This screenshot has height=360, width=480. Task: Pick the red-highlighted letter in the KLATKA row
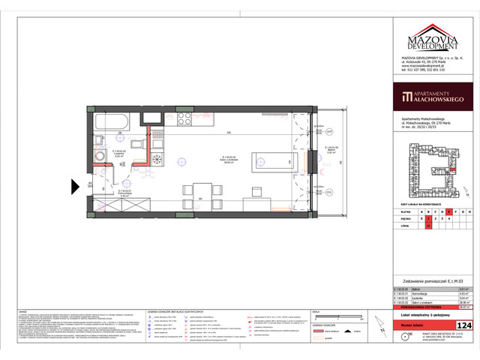coord(448,212)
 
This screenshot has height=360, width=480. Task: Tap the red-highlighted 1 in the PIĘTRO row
coord(427,219)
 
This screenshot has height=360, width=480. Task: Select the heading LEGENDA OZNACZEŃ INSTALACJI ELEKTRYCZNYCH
coord(177,310)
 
